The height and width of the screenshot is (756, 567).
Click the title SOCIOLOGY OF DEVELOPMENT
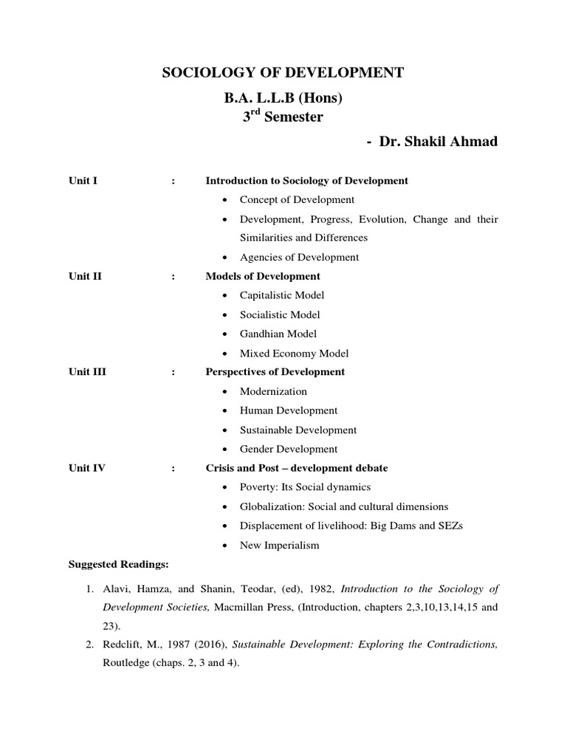[x=283, y=72]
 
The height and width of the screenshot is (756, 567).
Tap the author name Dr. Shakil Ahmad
[x=438, y=141]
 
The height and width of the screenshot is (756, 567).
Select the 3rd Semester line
[x=283, y=117]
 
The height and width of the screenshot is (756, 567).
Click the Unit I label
[x=83, y=181]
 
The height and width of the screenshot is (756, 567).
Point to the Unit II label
[x=85, y=276]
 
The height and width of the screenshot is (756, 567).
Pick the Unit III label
[x=87, y=372]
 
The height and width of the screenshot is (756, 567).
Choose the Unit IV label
[x=87, y=468]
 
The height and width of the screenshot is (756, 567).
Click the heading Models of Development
[x=263, y=276]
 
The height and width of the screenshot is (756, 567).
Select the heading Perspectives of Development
[x=275, y=372]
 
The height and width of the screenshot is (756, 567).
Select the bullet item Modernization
[x=273, y=391]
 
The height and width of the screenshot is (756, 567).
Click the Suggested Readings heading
[x=119, y=565]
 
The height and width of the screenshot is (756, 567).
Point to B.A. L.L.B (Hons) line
[x=283, y=98]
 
